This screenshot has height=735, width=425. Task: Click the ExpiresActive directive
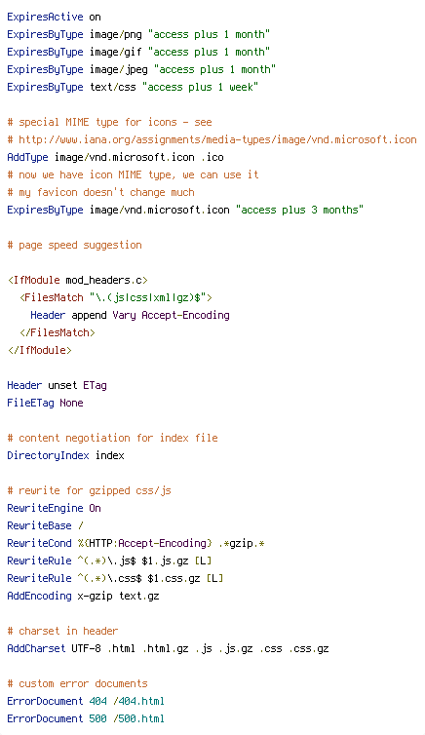(45, 17)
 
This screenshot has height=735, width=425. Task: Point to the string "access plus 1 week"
(200, 87)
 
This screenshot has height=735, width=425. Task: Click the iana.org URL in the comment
(217, 139)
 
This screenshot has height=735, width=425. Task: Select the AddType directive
(27, 157)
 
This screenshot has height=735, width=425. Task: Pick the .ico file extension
(212, 157)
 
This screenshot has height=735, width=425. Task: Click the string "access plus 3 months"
(299, 210)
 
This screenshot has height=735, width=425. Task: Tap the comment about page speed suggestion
(74, 245)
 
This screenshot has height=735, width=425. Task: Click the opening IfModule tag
(78, 281)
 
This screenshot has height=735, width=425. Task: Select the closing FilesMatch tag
(58, 332)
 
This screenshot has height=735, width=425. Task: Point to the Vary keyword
(124, 316)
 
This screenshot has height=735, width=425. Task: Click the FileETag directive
(30, 404)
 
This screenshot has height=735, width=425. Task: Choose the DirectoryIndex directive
(49, 455)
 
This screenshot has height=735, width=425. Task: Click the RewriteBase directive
(39, 526)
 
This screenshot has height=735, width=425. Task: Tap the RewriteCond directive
(39, 543)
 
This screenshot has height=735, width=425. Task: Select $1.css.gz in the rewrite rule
(174, 579)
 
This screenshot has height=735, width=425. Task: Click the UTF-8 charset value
(86, 649)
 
